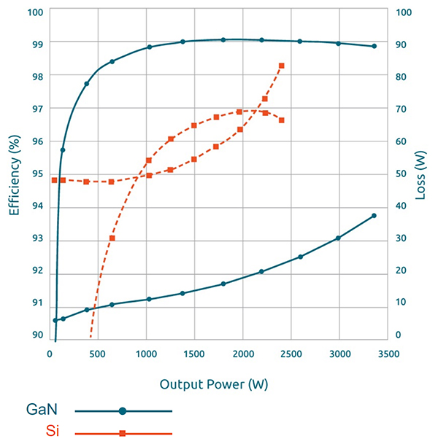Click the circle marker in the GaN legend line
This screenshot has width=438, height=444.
tap(123, 411)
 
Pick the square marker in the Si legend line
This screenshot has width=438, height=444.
tap(123, 434)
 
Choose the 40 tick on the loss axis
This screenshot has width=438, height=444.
tap(401, 206)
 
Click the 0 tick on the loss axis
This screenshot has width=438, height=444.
tap(399, 335)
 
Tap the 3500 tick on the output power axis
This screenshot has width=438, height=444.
tap(388, 354)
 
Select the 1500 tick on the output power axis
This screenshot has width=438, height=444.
tap(194, 354)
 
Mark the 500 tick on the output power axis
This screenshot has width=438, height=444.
tap(97, 354)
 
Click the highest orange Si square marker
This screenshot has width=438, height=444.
tap(282, 66)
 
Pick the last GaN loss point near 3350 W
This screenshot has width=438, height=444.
tap(374, 216)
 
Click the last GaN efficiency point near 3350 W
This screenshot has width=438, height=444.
tap(374, 46)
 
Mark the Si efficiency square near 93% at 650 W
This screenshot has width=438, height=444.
tap(112, 238)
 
